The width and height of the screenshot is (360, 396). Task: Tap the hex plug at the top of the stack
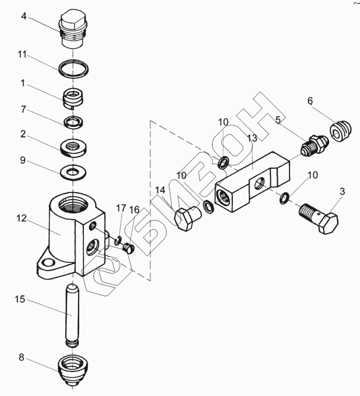pyautogui.click(x=73, y=30)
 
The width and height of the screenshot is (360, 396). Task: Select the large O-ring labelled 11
pyautogui.click(x=73, y=70)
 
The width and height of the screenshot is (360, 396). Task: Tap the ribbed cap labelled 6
pyautogui.click(x=340, y=131)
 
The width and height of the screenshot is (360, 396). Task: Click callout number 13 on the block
pyautogui.click(x=252, y=138)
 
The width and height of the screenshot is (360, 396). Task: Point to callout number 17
pyautogui.click(x=120, y=208)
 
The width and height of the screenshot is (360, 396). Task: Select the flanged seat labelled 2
pyautogui.click(x=73, y=148)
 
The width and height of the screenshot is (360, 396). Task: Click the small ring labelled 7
pyautogui.click(x=73, y=122)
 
